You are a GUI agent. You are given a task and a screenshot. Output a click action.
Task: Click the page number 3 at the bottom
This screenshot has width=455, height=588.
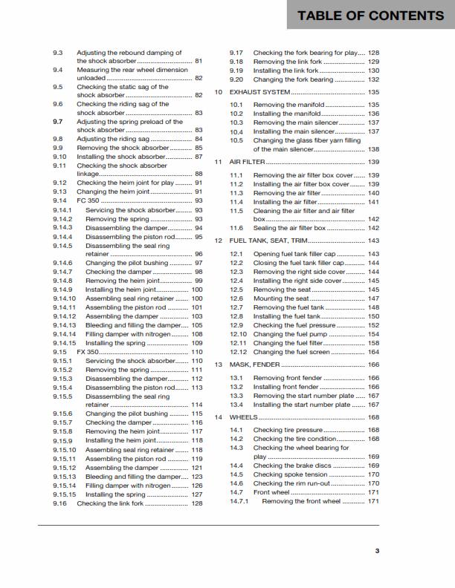[x=377, y=550]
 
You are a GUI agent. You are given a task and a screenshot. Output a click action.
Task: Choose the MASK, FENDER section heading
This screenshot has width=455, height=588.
[x=262, y=365]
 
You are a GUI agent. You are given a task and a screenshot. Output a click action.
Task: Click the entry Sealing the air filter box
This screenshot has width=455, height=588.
[x=289, y=228]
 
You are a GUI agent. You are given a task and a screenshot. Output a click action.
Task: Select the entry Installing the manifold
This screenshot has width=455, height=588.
[x=286, y=114]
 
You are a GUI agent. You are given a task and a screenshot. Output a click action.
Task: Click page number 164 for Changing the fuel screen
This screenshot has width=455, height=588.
[x=373, y=352]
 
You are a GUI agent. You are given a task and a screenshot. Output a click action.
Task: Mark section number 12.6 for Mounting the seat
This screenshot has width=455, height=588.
[x=236, y=298]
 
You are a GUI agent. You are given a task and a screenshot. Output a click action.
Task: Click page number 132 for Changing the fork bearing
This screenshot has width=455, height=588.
[x=373, y=79]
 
